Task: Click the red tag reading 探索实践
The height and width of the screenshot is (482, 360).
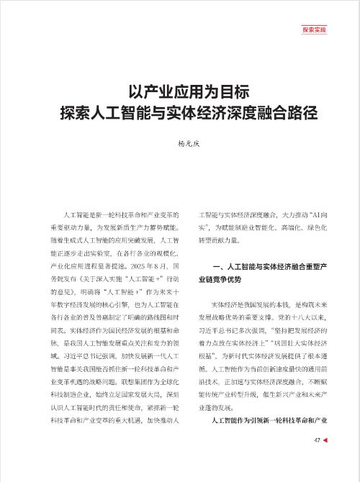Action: pos(313,30)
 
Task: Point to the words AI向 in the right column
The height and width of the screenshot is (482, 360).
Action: pos(310,215)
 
